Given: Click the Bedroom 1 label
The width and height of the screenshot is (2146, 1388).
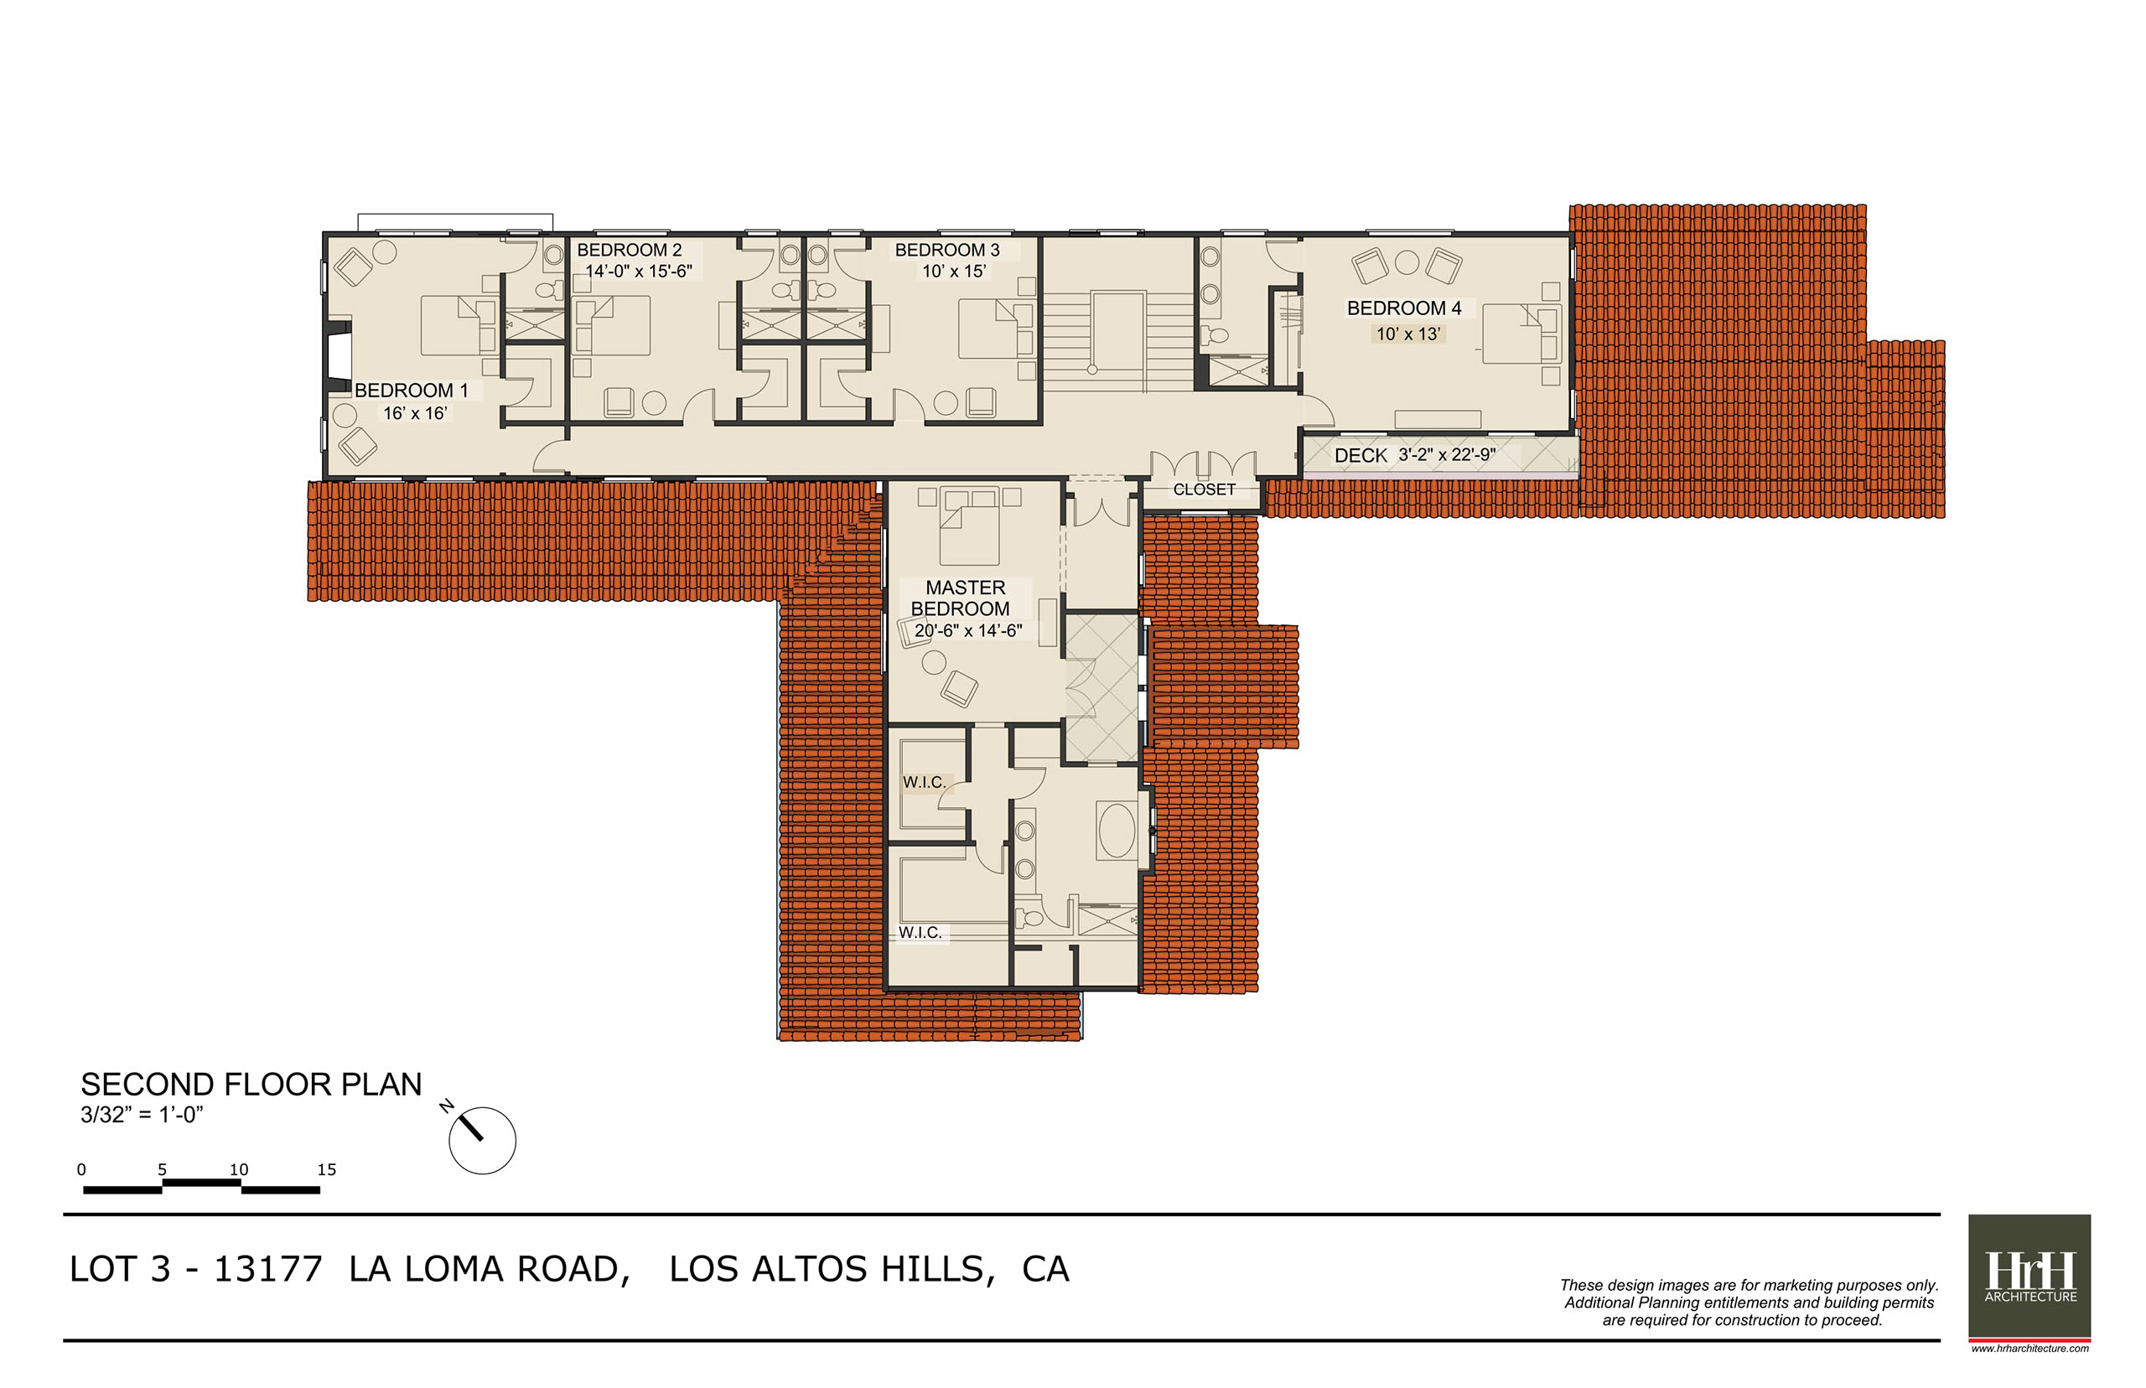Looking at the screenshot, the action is coord(411,391).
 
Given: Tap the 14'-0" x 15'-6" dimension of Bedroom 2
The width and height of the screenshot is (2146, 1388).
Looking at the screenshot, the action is coord(638,272).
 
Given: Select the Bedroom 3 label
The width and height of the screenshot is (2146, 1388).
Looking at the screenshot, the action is coord(946,250).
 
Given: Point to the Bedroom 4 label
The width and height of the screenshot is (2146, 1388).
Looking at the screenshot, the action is coord(1403,308).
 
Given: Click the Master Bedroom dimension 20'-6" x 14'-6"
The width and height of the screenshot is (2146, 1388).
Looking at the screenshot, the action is coord(968,631).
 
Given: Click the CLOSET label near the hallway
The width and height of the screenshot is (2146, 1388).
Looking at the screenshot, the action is coord(1203,489).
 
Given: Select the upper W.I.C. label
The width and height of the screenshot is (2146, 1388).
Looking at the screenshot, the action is coord(924,782).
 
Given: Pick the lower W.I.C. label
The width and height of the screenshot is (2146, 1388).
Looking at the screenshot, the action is coord(920,933).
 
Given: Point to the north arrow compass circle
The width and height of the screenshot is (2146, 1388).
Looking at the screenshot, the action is coord(482,1140).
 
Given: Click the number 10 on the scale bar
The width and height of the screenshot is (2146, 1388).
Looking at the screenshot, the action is coord(238,1169).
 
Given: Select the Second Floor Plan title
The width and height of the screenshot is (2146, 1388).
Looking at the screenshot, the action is coord(251,1085).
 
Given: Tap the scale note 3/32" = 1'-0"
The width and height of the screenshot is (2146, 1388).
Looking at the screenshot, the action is coord(142,1115).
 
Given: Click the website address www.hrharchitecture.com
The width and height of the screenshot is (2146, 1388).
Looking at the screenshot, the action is coord(2029,1349).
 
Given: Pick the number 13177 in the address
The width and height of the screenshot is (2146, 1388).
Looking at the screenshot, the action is coord(267,1269).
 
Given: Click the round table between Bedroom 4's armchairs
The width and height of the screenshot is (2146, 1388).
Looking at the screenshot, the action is coord(1407,262).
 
